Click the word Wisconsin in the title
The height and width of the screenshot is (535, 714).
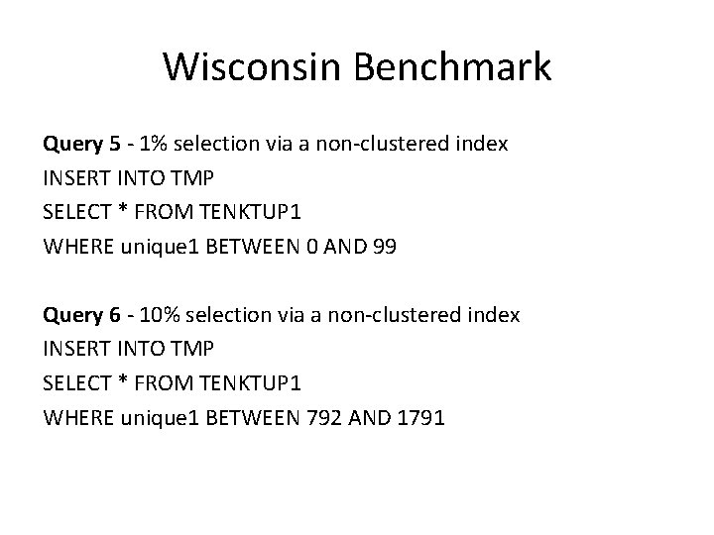pyautogui.click(x=257, y=67)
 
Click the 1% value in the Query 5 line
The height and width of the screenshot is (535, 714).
pyautogui.click(x=154, y=145)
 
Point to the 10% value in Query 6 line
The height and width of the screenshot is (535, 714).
pyautogui.click(x=159, y=316)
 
